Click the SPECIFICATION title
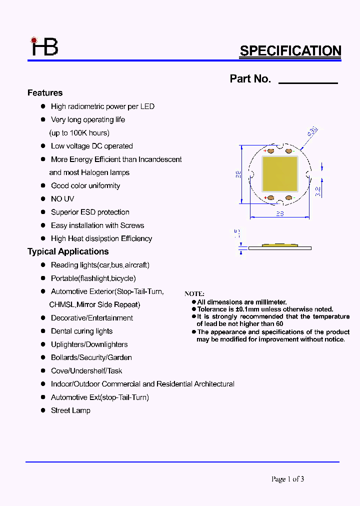(x=290, y=51)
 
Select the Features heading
(x=45, y=93)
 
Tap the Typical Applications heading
(x=68, y=251)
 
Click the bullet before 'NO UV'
(x=43, y=199)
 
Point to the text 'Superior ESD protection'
(x=90, y=212)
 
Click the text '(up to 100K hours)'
(x=79, y=133)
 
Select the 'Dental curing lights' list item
(x=81, y=331)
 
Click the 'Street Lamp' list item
(x=70, y=410)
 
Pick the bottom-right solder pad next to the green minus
(x=288, y=198)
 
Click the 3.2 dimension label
(x=318, y=191)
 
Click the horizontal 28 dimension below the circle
(x=280, y=213)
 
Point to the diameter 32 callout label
(x=312, y=132)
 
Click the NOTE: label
(x=194, y=294)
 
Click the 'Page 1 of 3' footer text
(x=287, y=479)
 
